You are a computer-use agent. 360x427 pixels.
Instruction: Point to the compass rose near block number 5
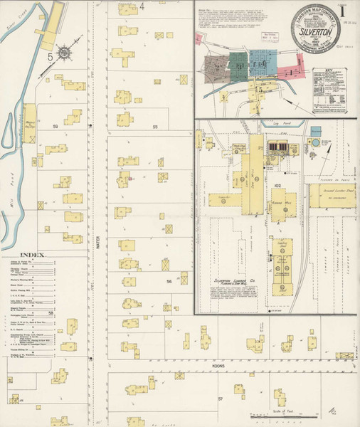click(65, 53)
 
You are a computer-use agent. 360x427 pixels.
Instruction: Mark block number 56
click(169, 282)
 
